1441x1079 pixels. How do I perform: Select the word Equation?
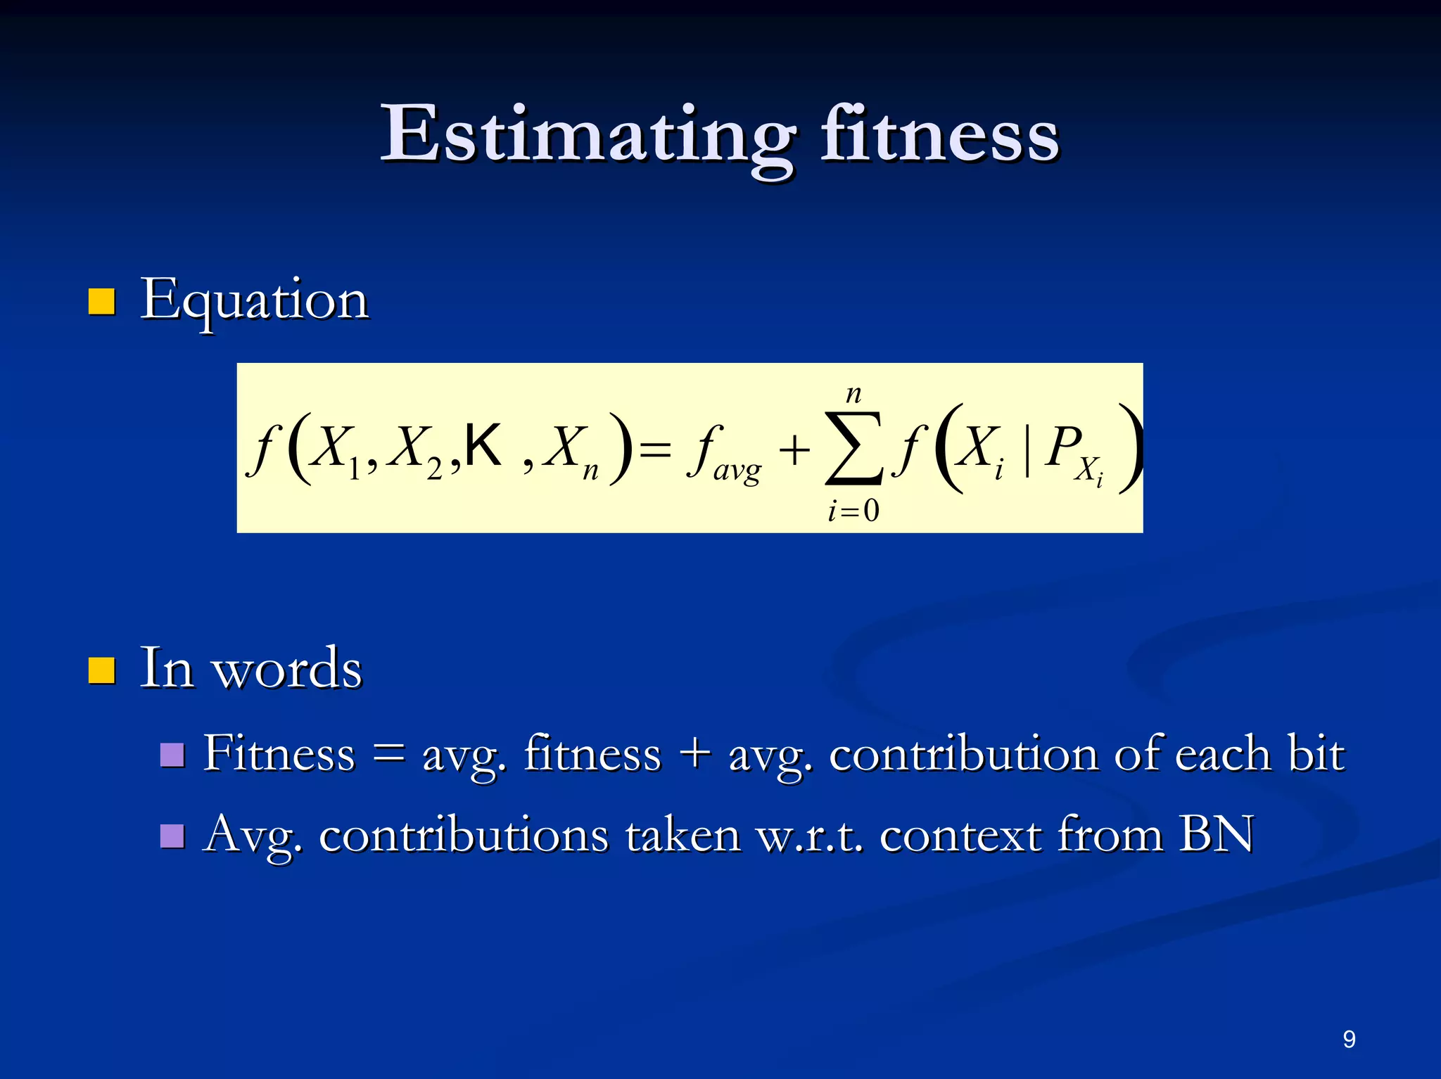[254, 301]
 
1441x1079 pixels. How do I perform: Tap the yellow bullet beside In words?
[101, 670]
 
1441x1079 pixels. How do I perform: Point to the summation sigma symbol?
[853, 448]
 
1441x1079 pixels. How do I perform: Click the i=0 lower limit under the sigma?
[853, 511]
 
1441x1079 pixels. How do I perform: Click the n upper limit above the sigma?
[853, 394]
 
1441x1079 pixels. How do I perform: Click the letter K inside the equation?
[483, 445]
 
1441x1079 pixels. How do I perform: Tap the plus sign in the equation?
[794, 450]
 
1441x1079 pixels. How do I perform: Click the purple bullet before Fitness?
[172, 755]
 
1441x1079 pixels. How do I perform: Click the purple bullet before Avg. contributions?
[172, 836]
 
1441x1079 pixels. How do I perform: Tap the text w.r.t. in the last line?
[809, 836]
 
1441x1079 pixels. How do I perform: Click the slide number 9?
[1349, 1040]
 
